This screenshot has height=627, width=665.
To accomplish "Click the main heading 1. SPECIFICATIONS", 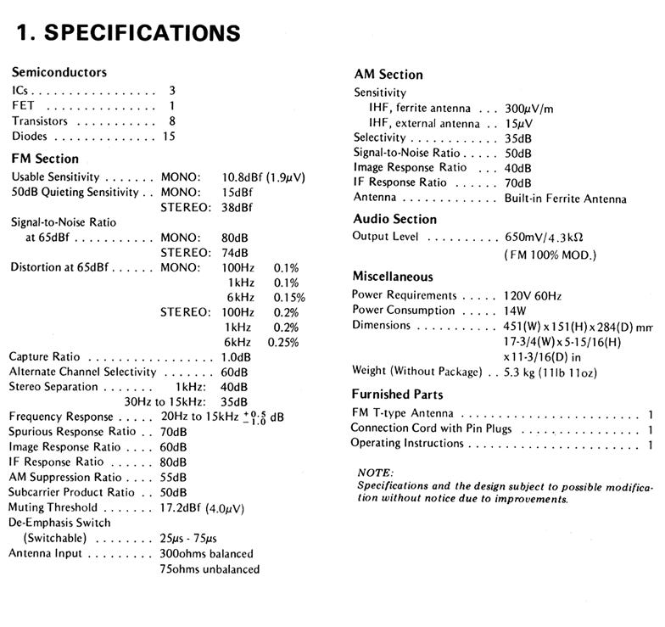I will [128, 33].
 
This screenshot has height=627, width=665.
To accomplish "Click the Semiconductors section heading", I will [59, 72].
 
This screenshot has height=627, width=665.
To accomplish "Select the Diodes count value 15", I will [169, 136].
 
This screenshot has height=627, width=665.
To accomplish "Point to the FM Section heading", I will [45, 159].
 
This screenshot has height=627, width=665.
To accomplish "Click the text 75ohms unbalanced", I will [210, 569].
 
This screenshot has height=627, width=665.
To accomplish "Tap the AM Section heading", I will [388, 75].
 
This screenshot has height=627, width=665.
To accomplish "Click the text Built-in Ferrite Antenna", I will [561, 199].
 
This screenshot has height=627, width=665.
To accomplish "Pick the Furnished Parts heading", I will [397, 395].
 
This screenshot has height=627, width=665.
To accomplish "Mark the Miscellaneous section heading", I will [393, 277].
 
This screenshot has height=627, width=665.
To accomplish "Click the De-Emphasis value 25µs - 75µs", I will [196, 539].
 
